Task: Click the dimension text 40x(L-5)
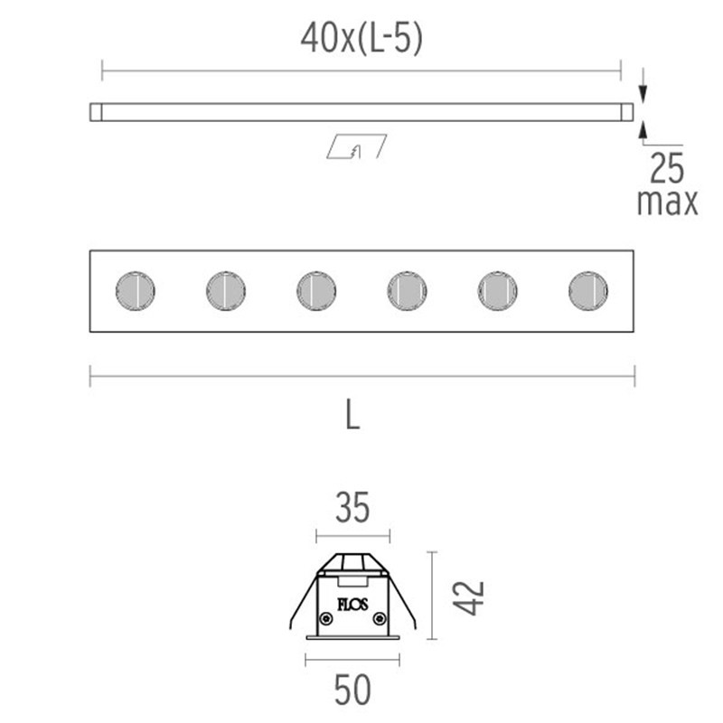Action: click(361, 39)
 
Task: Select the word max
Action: click(668, 202)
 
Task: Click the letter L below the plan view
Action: click(353, 414)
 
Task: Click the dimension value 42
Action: click(470, 597)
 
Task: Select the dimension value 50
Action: click(352, 691)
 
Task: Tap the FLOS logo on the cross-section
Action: click(352, 604)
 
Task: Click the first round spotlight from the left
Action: click(136, 291)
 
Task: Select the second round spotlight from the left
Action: click(226, 291)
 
